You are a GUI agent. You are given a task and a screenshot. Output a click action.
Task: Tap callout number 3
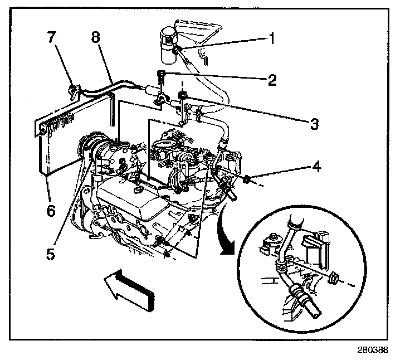tap(315, 123)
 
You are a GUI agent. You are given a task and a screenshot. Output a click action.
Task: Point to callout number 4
tap(315, 166)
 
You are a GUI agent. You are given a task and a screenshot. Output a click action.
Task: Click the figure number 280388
tap(370, 350)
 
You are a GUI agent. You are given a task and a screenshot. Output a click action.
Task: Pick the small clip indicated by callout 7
tap(72, 89)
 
